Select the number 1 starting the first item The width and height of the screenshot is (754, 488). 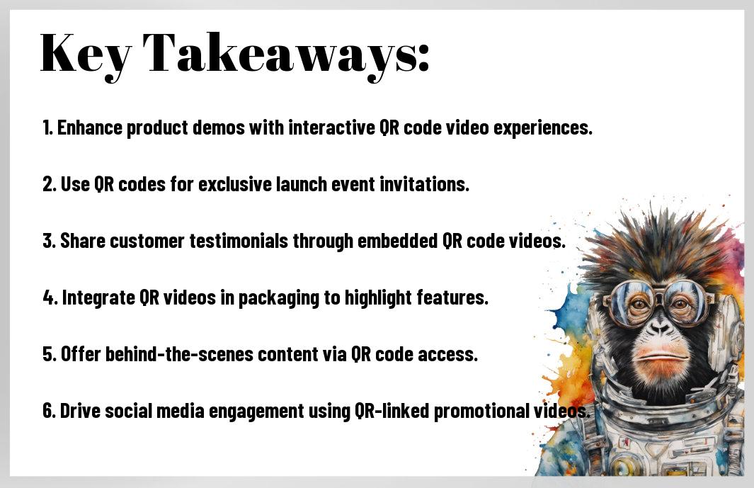(47, 127)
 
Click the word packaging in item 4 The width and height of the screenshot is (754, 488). (279, 298)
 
